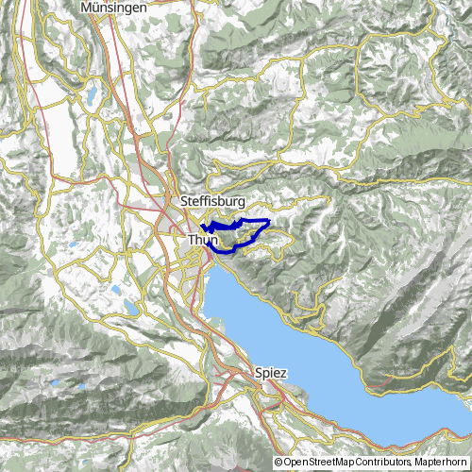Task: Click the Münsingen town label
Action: [115, 7]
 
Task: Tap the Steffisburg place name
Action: [213, 202]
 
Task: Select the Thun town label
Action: [203, 241]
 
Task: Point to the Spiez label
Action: [271, 373]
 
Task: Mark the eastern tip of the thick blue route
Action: [270, 221]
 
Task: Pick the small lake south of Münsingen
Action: [93, 94]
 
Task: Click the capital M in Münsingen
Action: [88, 7]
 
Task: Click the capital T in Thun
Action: [192, 241]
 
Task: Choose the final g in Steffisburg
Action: [243, 203]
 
